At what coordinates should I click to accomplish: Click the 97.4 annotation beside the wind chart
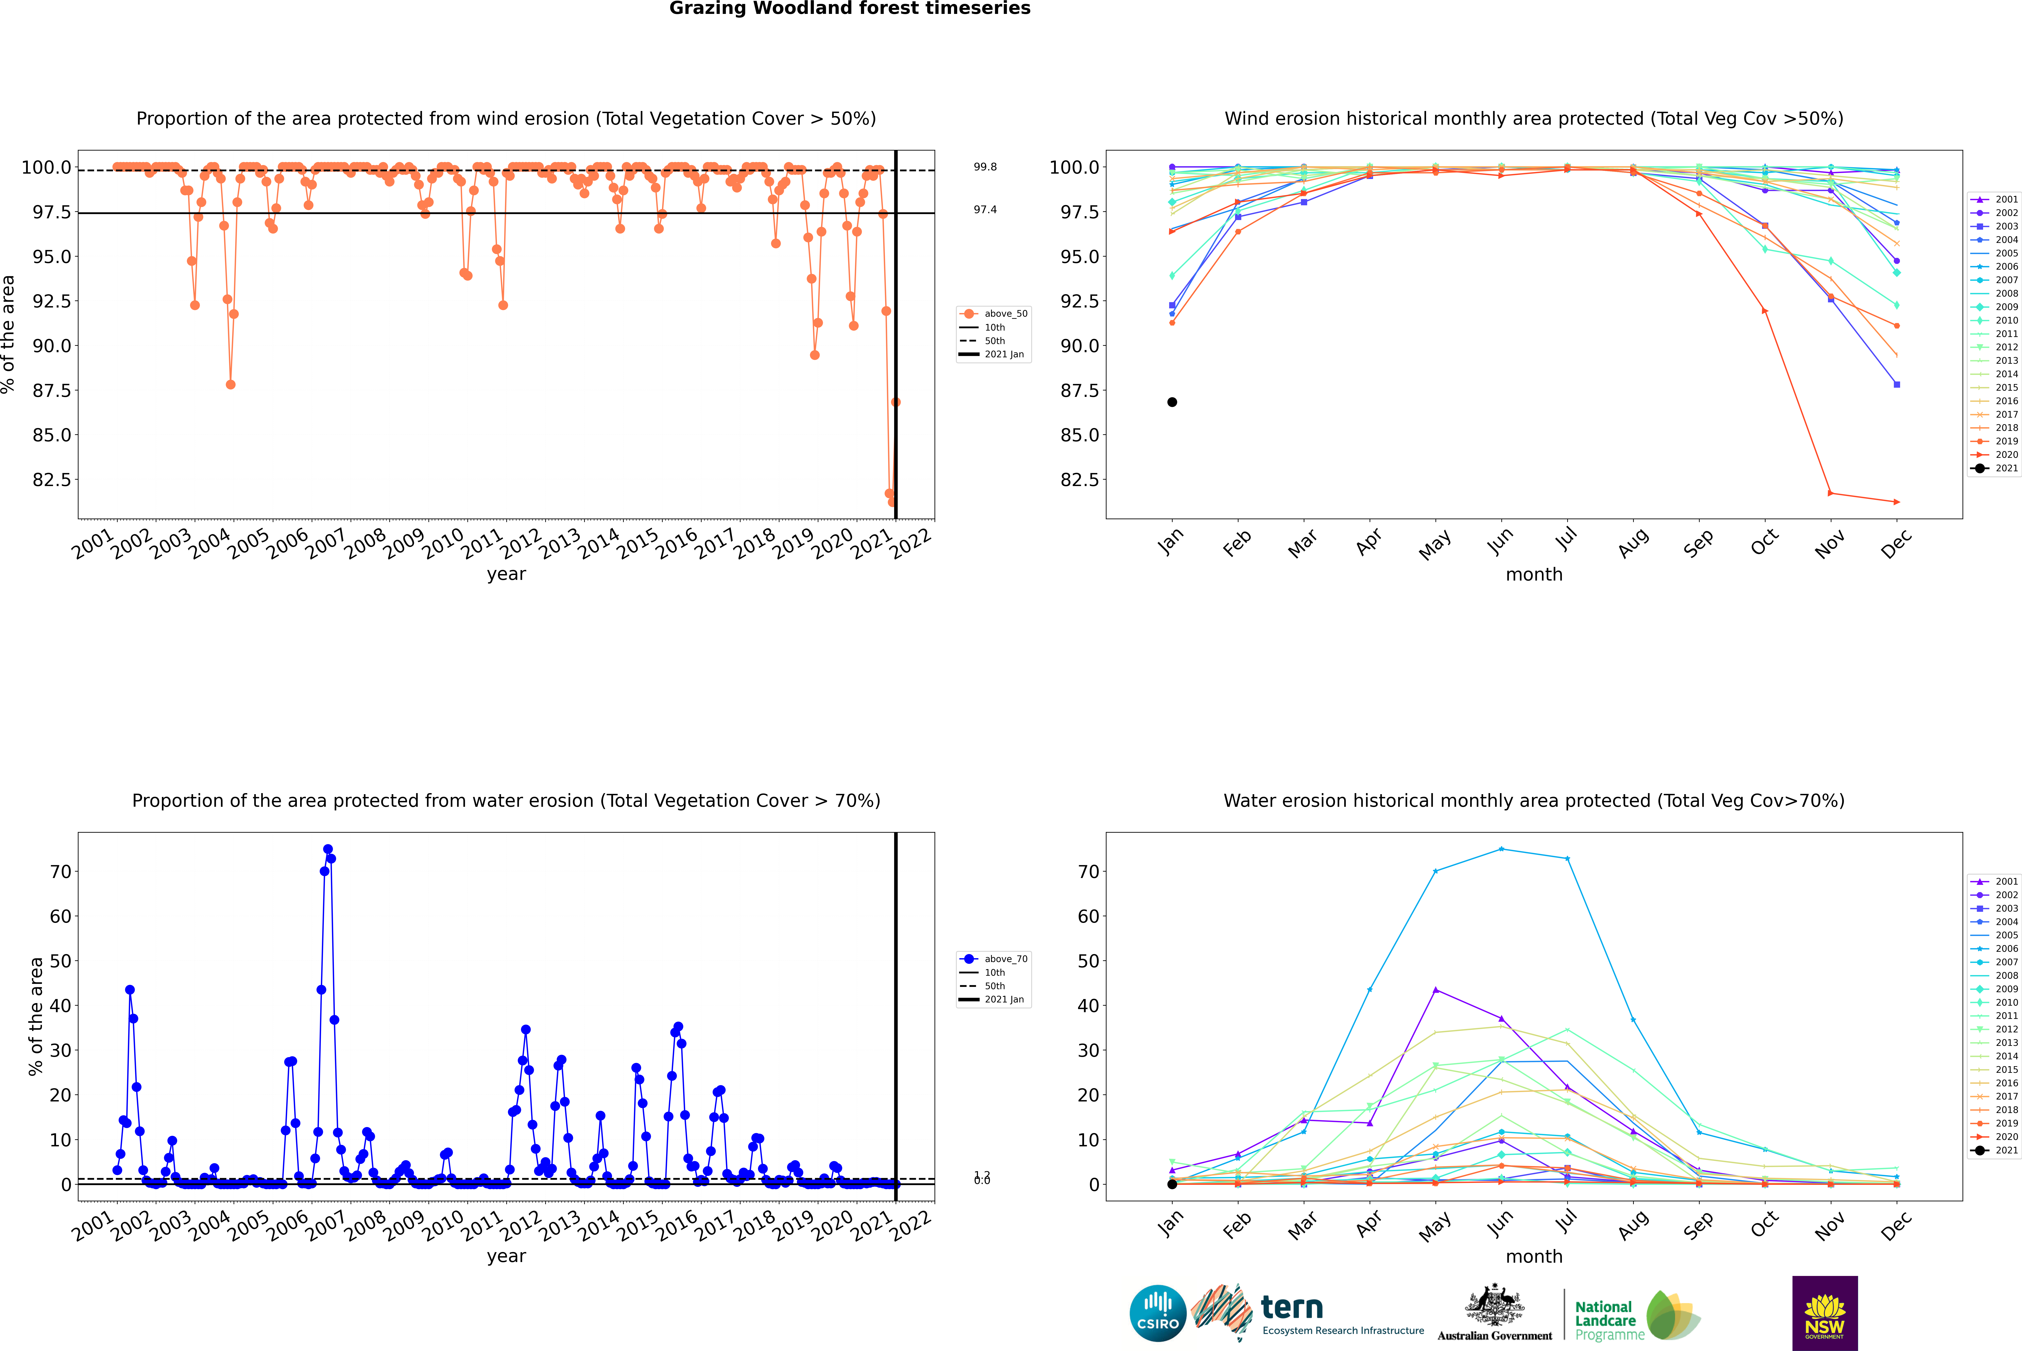tap(985, 209)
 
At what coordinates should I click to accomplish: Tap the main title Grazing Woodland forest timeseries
tap(850, 9)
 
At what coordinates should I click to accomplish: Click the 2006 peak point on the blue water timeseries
tap(327, 850)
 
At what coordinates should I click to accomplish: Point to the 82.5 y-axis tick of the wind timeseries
tap(52, 480)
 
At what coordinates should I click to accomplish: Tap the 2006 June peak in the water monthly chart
tap(1501, 850)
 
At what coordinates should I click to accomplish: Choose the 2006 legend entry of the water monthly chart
tap(1994, 949)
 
